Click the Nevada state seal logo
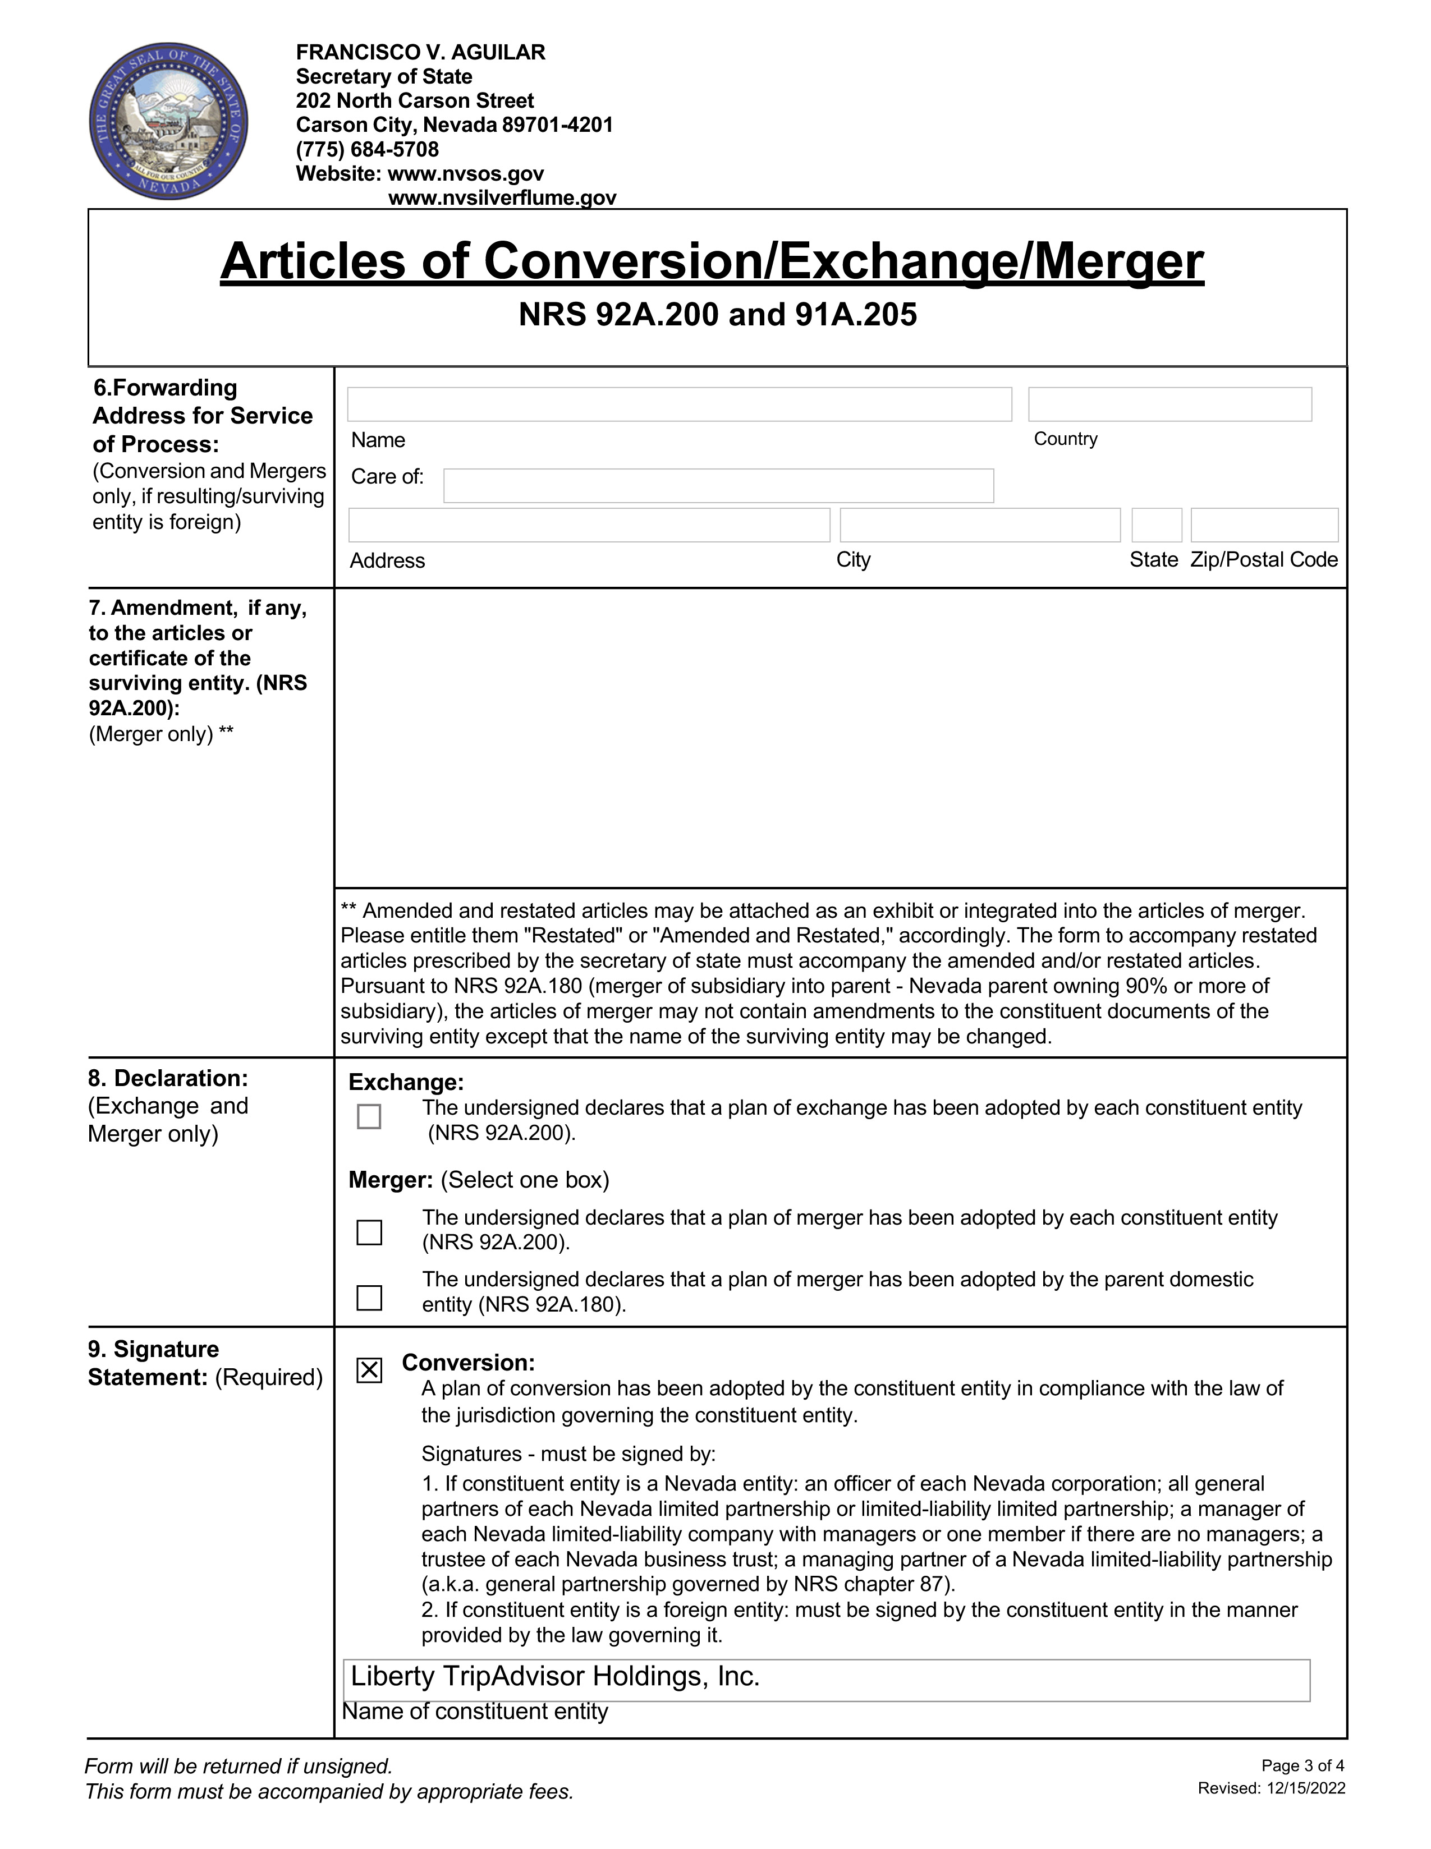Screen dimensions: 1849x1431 pos(168,123)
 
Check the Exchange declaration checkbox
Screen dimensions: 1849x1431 pos(369,1117)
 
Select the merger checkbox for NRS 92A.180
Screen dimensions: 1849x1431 pos(369,1297)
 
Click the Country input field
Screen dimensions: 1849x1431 pos(1169,404)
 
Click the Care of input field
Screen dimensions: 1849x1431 pos(718,486)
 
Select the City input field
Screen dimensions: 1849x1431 pos(980,525)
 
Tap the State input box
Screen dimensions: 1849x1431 pos(1157,525)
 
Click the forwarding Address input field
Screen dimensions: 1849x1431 pos(589,525)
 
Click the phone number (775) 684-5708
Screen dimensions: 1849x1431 pos(368,150)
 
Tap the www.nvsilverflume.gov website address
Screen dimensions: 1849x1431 pos(502,198)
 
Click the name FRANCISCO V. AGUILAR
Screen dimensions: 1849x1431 pos(421,53)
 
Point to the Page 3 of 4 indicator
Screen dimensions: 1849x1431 pos(1302,1766)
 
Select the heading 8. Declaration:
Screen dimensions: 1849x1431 pos(168,1079)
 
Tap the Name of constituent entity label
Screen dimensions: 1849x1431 pos(475,1712)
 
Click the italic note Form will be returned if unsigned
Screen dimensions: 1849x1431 pos(239,1766)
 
